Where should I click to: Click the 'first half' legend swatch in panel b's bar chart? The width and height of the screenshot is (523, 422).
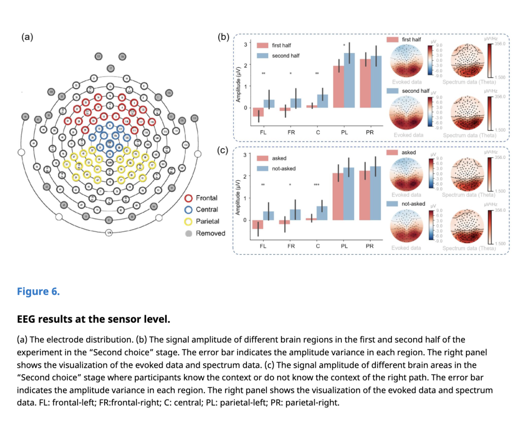(x=262, y=45)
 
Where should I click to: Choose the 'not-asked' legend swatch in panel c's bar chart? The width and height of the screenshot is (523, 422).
(x=262, y=168)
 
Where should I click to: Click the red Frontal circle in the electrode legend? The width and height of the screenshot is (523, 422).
(x=189, y=198)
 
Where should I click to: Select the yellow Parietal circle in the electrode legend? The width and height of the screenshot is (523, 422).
(x=189, y=221)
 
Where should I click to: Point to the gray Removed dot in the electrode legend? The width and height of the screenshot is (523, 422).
(x=189, y=234)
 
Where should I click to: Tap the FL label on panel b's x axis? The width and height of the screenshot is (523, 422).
(x=263, y=132)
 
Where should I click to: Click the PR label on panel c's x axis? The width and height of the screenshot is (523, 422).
(x=370, y=246)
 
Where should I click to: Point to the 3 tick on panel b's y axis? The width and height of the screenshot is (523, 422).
(x=245, y=45)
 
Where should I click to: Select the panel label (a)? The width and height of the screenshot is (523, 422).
(x=27, y=37)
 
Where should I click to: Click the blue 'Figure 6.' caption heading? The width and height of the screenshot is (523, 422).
(x=38, y=291)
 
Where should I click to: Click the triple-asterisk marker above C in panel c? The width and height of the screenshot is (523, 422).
(x=317, y=185)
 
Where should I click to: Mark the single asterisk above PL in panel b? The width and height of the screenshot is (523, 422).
(x=344, y=46)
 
